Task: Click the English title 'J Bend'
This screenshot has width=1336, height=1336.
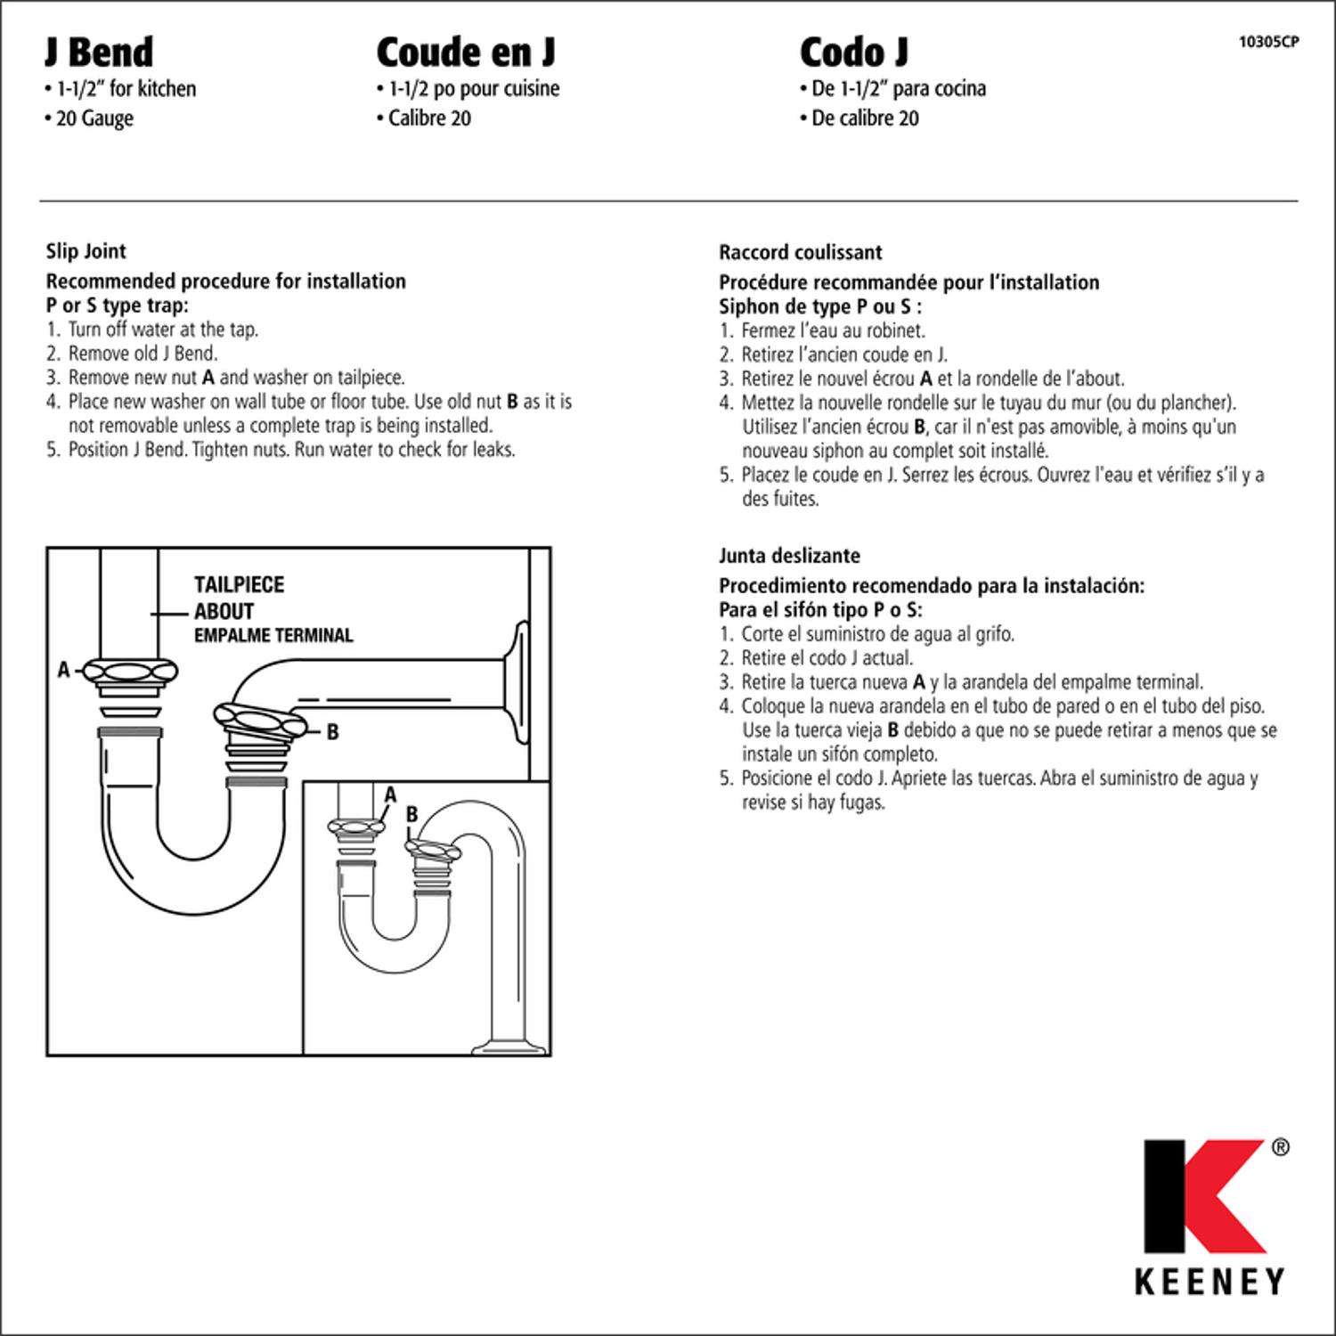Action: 99,53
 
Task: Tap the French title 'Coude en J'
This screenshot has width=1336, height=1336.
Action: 465,53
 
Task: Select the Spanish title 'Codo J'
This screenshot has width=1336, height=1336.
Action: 853,53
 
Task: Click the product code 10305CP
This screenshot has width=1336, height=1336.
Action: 1268,41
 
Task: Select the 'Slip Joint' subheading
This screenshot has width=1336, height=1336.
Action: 86,252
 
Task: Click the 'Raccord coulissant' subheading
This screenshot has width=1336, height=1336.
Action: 800,253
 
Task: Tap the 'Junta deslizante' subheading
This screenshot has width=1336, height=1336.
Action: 789,556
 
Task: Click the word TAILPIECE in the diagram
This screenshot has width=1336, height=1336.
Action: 239,585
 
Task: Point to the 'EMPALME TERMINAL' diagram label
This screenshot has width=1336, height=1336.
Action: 273,636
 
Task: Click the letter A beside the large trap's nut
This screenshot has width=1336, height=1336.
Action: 63,670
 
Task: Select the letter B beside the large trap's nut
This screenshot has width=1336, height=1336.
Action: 332,732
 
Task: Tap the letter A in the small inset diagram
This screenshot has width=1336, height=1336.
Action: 389,794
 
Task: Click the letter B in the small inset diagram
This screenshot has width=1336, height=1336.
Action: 411,814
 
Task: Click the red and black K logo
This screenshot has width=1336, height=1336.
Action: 1203,1196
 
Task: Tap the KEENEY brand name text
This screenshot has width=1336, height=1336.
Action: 1210,1282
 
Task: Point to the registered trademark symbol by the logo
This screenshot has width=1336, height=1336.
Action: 1280,1147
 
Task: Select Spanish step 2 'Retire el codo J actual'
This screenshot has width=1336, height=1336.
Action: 827,658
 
